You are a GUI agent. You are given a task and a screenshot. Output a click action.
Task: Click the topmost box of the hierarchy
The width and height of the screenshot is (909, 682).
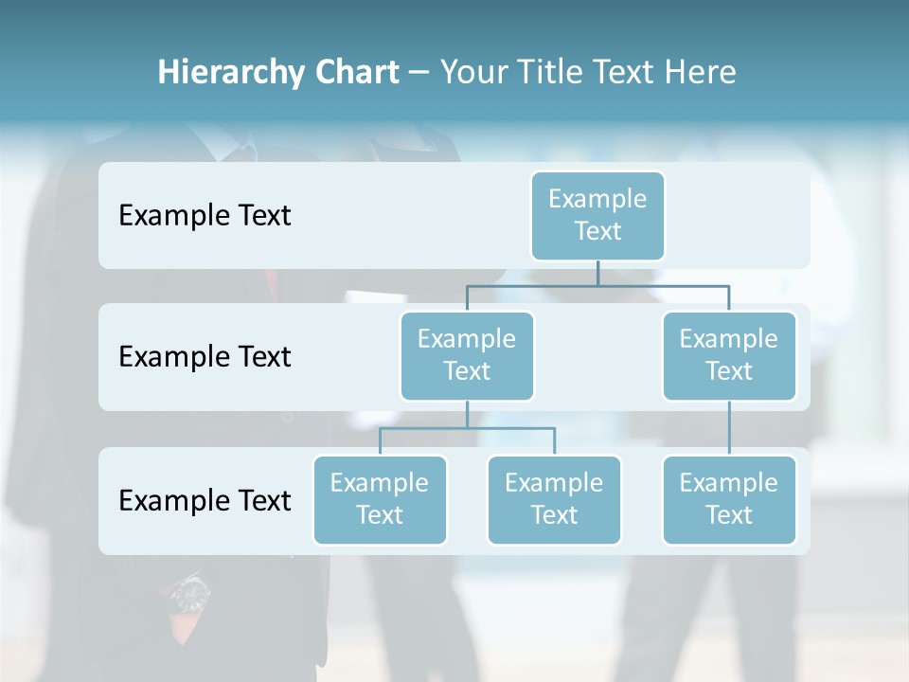pyautogui.click(x=597, y=215)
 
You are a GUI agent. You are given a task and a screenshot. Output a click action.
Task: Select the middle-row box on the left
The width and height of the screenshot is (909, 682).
pyautogui.click(x=467, y=355)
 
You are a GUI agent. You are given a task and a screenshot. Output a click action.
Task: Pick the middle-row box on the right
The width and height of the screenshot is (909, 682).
pyautogui.click(x=729, y=355)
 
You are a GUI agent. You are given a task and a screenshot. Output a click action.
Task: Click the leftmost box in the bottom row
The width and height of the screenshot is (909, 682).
pyautogui.click(x=380, y=499)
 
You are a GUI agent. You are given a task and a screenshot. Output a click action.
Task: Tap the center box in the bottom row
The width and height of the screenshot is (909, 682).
pyautogui.click(x=554, y=499)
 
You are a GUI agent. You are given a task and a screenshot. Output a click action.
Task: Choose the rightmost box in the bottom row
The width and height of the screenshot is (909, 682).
pyautogui.click(x=729, y=499)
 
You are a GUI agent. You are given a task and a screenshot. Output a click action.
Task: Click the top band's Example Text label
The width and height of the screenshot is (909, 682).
pyautogui.click(x=205, y=216)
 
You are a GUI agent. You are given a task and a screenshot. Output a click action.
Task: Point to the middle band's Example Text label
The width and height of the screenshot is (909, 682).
pyautogui.click(x=205, y=357)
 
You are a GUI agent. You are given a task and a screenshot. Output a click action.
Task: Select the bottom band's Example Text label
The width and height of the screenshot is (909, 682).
pyautogui.click(x=205, y=500)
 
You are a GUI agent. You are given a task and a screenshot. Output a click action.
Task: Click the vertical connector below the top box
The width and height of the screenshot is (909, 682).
pyautogui.click(x=597, y=273)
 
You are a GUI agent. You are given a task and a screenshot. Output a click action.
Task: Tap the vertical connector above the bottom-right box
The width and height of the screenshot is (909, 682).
pyautogui.click(x=729, y=428)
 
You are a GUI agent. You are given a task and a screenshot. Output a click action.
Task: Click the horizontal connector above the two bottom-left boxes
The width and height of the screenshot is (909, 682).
pyautogui.click(x=467, y=428)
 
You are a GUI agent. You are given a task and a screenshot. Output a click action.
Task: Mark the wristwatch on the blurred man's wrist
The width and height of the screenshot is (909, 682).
pyautogui.click(x=191, y=595)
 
